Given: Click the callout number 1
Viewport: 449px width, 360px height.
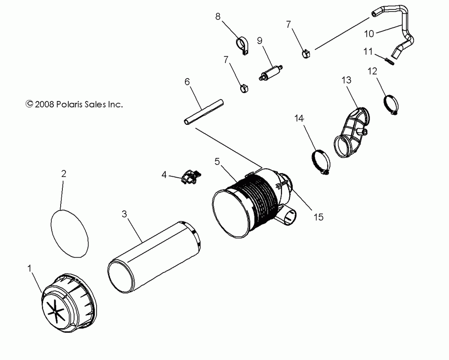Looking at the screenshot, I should point(29,269).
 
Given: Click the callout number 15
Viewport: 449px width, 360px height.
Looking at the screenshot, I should point(318,217).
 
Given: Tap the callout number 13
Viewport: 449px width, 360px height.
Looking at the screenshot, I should point(346,80).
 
